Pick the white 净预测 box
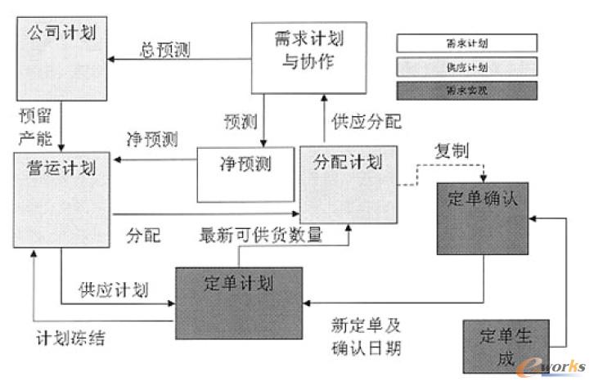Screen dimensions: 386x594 pos(245,173)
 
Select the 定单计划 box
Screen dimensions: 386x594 pos(238,301)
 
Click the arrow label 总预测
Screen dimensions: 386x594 pos(166,51)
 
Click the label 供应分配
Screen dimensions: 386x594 pos(366,123)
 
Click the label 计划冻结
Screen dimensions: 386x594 pos(70,338)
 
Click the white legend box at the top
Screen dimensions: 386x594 pos(467,43)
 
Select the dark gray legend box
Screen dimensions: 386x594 pos(467,90)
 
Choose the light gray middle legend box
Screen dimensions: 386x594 pos(467,66)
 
